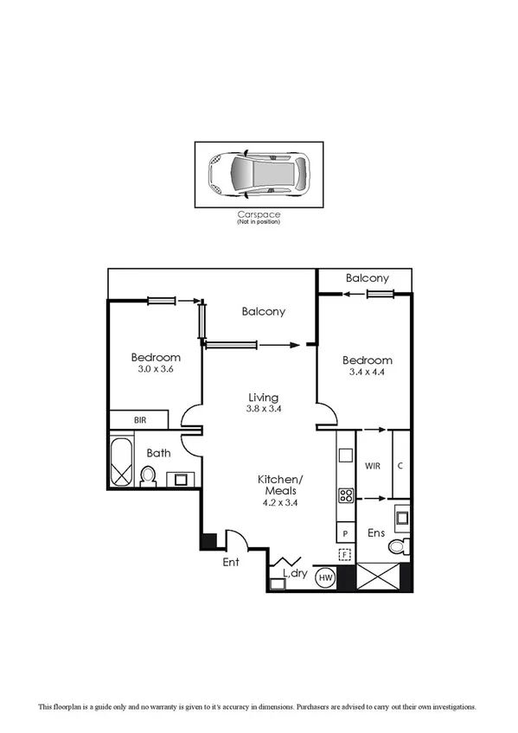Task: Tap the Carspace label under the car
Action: click(259, 215)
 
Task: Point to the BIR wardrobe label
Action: click(139, 420)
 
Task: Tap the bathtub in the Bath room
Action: click(120, 462)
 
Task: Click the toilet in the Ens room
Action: click(398, 546)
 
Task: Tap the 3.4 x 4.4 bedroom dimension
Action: click(367, 373)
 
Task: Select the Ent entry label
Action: click(230, 562)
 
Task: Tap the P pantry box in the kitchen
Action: click(344, 533)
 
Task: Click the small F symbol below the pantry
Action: click(344, 555)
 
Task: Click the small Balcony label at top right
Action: click(367, 278)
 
